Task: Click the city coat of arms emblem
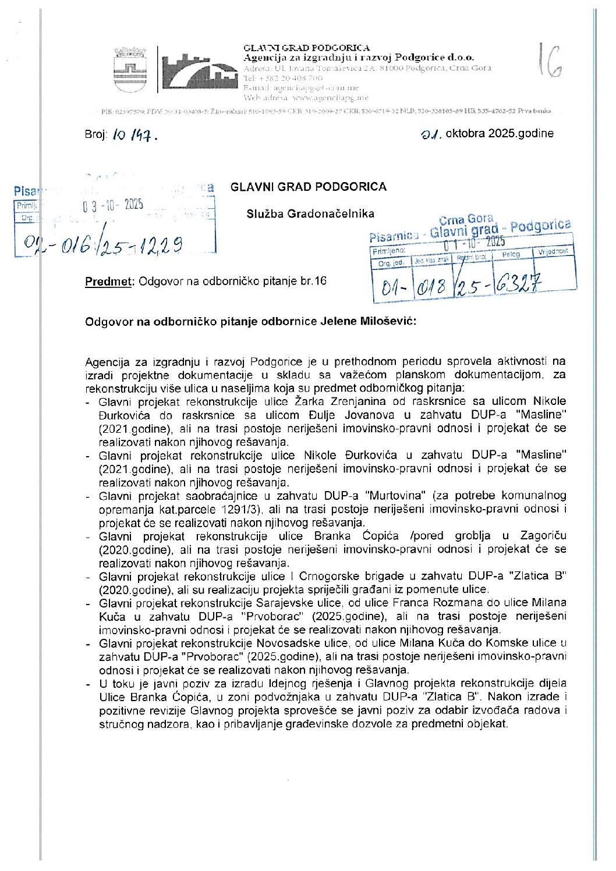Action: pos(130,70)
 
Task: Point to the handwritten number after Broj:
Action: pos(133,136)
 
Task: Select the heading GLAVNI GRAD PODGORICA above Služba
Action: pos(308,187)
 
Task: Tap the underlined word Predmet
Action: pos(109,282)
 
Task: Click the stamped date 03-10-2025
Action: pos(112,205)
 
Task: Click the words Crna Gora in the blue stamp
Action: pos(466,219)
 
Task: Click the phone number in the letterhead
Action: pos(283,78)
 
